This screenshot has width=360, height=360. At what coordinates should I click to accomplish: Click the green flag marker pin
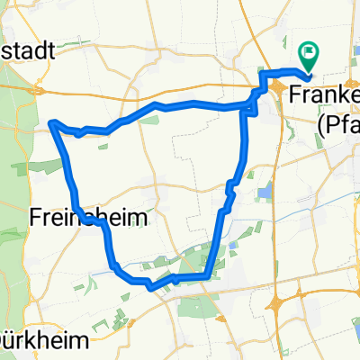click(x=308, y=57)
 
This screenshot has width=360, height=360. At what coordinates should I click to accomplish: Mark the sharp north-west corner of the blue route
click(x=52, y=121)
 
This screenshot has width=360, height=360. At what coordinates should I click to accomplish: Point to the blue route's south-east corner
click(x=209, y=276)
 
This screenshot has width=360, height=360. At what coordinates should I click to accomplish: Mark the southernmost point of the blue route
click(x=151, y=287)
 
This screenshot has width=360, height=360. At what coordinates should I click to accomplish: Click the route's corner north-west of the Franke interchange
click(x=263, y=71)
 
